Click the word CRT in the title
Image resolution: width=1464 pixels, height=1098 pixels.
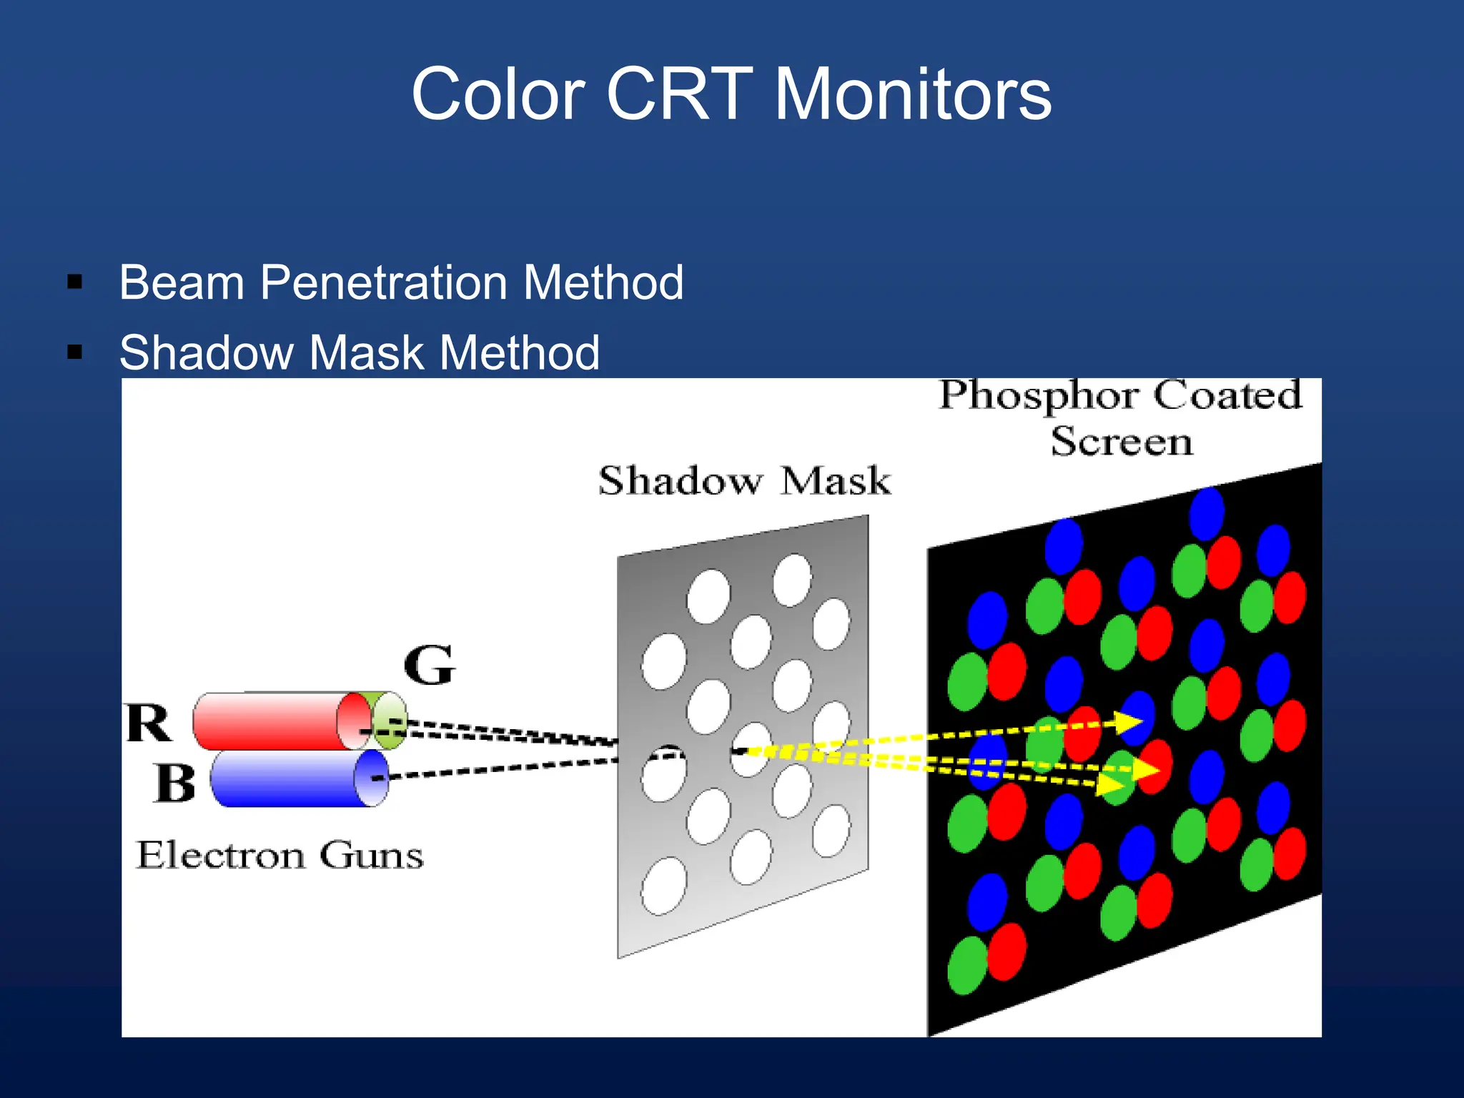click(x=679, y=94)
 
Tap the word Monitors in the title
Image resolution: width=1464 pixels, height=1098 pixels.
click(x=913, y=94)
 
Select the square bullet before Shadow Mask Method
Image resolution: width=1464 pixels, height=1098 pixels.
click(x=75, y=352)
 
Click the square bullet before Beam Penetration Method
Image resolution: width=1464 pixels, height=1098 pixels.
click(x=75, y=282)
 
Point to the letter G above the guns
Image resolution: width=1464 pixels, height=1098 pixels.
click(x=429, y=665)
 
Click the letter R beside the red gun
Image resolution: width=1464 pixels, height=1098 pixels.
click(x=149, y=723)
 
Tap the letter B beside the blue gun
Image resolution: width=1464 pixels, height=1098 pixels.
click(x=174, y=783)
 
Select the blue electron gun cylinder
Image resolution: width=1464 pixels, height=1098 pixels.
click(x=293, y=779)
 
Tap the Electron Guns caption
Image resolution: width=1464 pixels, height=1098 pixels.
click(x=280, y=855)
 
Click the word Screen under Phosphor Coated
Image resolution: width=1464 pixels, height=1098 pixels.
click(x=1122, y=441)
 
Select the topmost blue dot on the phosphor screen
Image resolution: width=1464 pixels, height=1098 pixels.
click(x=1207, y=513)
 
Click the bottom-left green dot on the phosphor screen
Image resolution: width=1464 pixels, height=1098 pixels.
click(x=966, y=965)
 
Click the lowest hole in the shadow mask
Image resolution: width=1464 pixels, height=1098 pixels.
click(x=663, y=886)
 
